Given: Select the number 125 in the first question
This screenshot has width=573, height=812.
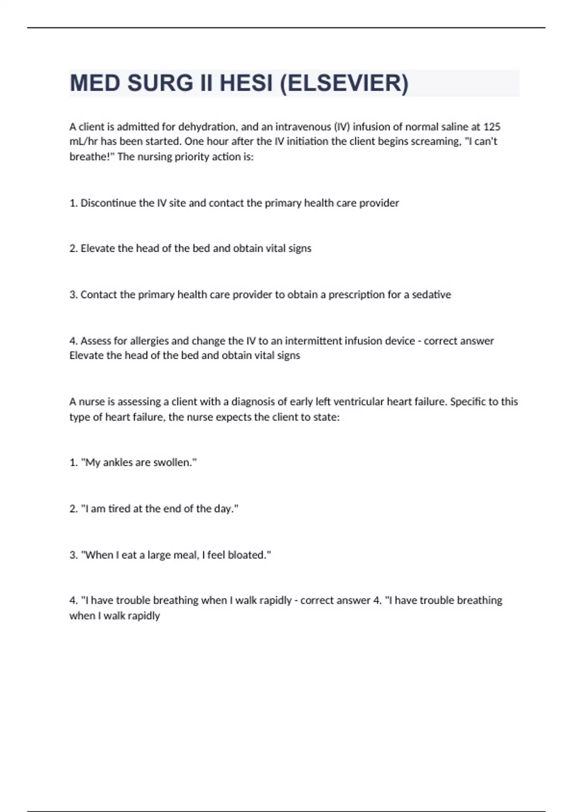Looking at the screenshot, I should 492,127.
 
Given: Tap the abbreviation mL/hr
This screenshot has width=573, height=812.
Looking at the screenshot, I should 84,141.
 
